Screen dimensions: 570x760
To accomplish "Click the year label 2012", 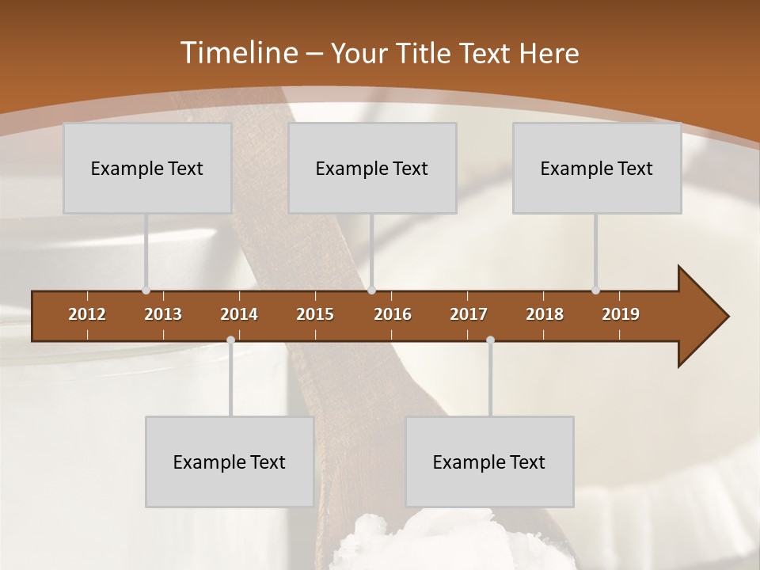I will (87, 314).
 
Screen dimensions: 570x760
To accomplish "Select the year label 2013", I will (163, 314).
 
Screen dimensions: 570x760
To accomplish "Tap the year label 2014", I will (239, 314).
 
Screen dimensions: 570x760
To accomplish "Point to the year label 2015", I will (315, 314).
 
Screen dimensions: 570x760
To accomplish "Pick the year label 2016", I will (393, 314).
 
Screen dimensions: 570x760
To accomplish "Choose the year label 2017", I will (469, 314).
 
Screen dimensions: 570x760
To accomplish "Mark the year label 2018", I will (545, 314).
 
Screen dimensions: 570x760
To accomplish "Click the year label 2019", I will (621, 314).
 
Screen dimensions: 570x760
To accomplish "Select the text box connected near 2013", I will (147, 168).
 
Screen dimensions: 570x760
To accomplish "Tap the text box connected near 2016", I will (372, 168).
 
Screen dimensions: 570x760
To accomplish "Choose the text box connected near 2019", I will (597, 168).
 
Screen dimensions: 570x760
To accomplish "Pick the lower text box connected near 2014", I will (230, 462).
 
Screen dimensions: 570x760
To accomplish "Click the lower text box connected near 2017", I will (489, 462).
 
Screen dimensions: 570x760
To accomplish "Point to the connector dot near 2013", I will (146, 291).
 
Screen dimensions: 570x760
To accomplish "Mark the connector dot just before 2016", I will (372, 291).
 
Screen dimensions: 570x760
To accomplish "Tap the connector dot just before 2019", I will (596, 291).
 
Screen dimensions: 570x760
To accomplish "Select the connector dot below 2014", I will (230, 340).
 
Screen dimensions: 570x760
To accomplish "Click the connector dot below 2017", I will (490, 340).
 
